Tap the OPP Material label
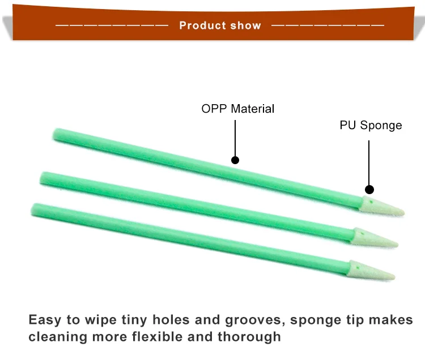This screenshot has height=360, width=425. pyautogui.click(x=237, y=109)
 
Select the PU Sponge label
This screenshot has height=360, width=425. pyautogui.click(x=371, y=126)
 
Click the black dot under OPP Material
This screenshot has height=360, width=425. pyautogui.click(x=235, y=160)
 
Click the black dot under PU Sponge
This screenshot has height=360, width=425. pyautogui.click(x=369, y=190)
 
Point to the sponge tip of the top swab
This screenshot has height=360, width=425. pyautogui.click(x=381, y=207)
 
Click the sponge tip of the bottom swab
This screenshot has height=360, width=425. pyautogui.click(x=371, y=271)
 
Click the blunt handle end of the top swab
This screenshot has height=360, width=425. pyautogui.click(x=56, y=134)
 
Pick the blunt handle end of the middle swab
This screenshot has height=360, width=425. pyautogui.click(x=43, y=178)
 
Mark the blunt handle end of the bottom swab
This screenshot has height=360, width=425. pyautogui.click(x=34, y=210)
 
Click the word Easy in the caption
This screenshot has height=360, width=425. pyautogui.click(x=45, y=320)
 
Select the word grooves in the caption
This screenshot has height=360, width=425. pyautogui.click(x=255, y=320)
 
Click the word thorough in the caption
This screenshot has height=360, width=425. pyautogui.click(x=249, y=337)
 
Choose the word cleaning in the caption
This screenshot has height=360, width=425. pyautogui.click(x=58, y=337)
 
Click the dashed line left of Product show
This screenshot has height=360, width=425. pyautogui.click(x=112, y=25)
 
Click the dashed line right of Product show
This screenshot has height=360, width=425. pyautogui.click(x=328, y=25)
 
